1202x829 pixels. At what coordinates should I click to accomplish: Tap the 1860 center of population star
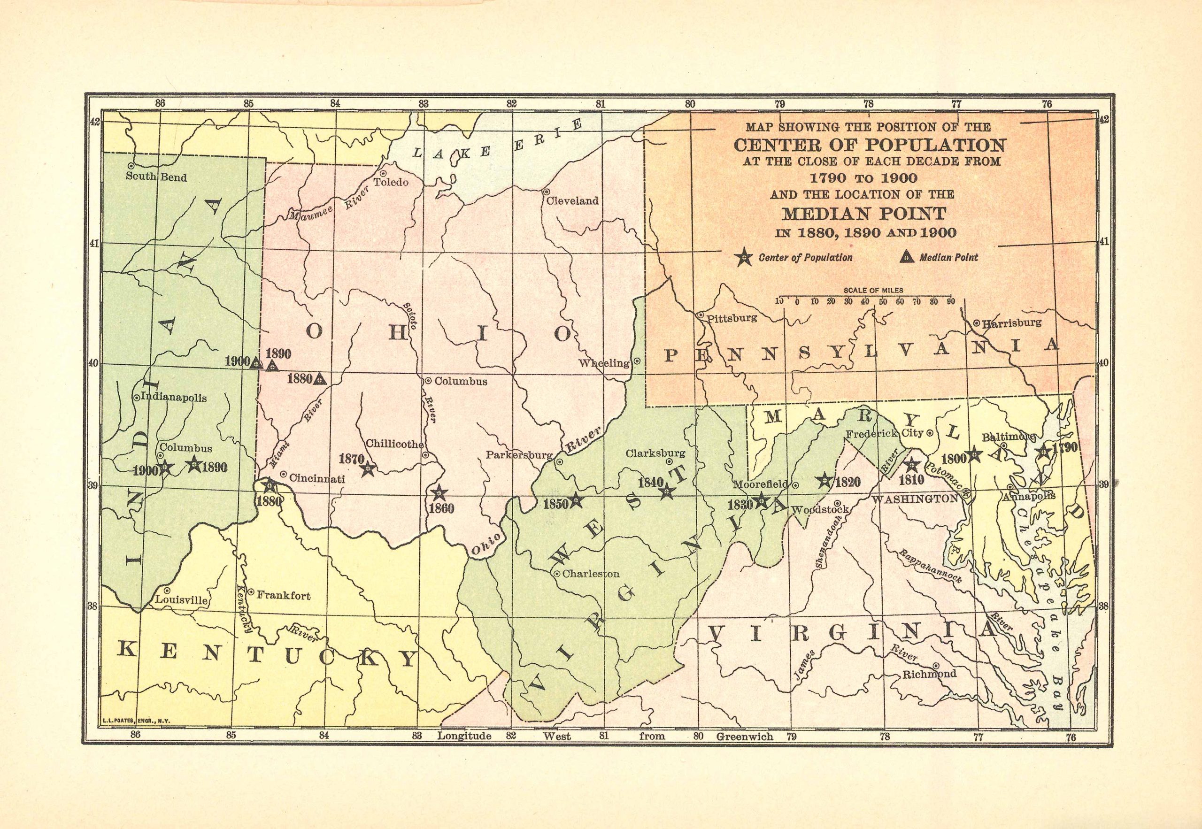[439, 492]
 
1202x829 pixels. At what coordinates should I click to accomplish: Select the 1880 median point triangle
[321, 379]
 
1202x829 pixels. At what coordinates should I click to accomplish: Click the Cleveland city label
[572, 201]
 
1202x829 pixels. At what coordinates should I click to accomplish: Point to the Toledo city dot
[383, 174]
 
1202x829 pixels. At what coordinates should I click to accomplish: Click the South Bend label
[156, 177]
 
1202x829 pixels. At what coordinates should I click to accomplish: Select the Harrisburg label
[1011, 322]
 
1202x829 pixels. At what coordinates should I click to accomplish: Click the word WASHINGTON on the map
[915, 499]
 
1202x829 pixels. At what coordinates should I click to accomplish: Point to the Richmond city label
[930, 674]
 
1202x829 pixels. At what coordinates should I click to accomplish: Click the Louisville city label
[182, 600]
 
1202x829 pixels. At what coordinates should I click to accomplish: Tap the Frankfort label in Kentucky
[284, 595]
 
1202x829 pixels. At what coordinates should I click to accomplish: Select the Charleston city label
[591, 574]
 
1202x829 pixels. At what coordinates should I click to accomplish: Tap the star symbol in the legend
[744, 257]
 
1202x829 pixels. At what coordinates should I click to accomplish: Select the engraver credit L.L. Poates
[137, 721]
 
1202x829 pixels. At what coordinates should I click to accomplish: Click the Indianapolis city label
[174, 399]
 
